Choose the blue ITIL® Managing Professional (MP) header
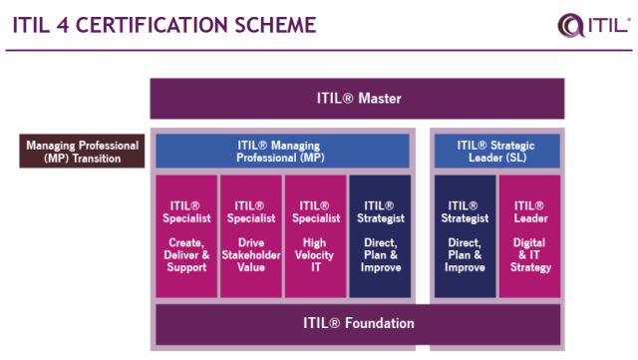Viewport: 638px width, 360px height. click(x=282, y=151)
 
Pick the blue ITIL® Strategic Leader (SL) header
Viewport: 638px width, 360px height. click(x=496, y=151)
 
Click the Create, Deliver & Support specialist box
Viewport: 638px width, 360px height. click(x=186, y=236)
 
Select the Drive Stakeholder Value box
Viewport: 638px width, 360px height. click(x=250, y=236)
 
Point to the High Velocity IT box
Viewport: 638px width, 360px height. click(x=314, y=236)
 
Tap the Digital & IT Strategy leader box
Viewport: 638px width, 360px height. click(x=528, y=236)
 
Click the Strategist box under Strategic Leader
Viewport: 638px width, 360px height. click(x=465, y=236)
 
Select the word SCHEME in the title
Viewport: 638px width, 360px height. click(x=272, y=24)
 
